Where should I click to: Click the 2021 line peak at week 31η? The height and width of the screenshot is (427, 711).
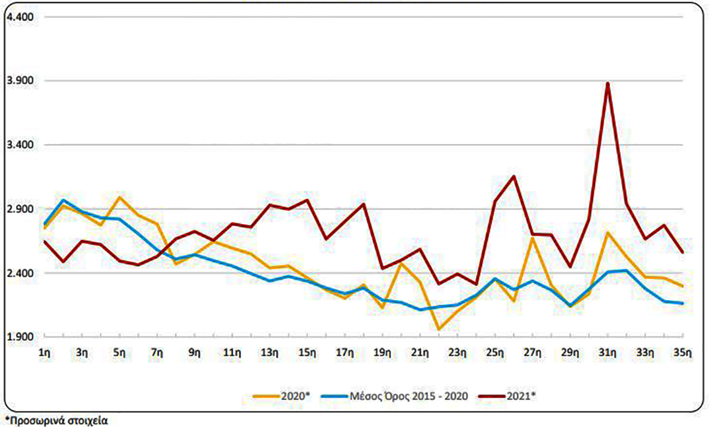(x=608, y=83)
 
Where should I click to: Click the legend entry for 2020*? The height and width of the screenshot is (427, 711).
(x=281, y=396)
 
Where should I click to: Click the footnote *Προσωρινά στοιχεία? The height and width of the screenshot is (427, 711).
(x=56, y=420)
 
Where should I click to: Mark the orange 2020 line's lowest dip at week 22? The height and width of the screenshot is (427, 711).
(x=439, y=329)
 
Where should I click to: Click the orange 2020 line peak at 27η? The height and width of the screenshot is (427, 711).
(x=533, y=238)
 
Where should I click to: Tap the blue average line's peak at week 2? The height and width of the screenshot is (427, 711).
(x=63, y=200)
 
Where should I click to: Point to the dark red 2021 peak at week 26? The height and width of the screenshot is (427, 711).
(x=514, y=177)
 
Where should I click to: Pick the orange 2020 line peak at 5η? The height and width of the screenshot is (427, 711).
(x=119, y=197)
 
